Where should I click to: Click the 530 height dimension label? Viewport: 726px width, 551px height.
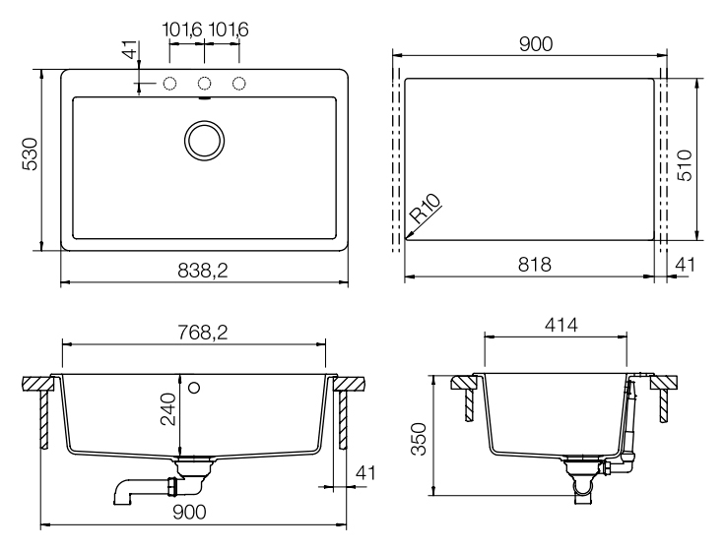(31, 154)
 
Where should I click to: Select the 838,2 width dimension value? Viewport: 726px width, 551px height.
(203, 271)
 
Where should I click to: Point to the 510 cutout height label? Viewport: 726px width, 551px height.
(685, 165)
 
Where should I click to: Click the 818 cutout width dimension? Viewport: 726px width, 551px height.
(534, 265)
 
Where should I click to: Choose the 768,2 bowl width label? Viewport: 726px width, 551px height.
(203, 333)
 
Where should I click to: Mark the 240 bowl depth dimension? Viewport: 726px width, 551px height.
(168, 409)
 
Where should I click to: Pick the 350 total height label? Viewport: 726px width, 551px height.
(419, 439)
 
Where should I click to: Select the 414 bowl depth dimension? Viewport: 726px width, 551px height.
(561, 325)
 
